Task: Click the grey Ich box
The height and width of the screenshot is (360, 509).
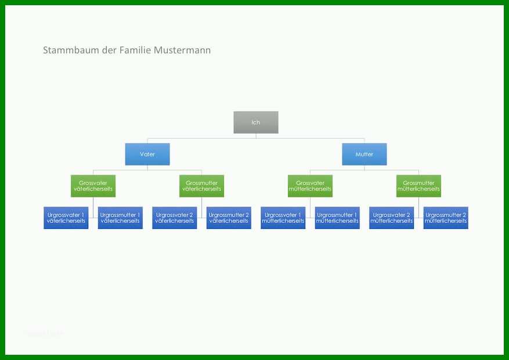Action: point(256,123)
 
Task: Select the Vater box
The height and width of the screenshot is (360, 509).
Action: point(147,154)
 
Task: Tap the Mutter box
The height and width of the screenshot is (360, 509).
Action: point(364,154)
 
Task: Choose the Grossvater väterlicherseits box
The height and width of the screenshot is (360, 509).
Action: point(93,186)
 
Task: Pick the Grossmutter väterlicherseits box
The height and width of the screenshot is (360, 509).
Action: point(201,186)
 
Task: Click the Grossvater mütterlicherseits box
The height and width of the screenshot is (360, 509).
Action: point(310,186)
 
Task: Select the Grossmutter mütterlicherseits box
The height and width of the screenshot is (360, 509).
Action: point(418,186)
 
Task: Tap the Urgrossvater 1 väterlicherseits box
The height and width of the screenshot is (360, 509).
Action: point(66,218)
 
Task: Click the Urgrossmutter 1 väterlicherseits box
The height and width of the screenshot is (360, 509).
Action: point(120,218)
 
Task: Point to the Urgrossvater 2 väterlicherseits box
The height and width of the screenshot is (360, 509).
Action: point(174,218)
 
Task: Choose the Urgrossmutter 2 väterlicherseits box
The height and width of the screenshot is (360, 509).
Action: point(229,218)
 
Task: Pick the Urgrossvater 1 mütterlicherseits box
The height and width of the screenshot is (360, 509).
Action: point(283,218)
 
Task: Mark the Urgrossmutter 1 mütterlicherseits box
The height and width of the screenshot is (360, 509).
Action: point(337,218)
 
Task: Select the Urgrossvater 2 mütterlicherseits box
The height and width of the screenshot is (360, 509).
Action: point(391,218)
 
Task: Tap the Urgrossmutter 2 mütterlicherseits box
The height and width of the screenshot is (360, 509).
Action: point(446,218)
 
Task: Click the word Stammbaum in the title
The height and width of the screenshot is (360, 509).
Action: point(71,51)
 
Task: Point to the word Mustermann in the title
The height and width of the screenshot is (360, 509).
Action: point(182,51)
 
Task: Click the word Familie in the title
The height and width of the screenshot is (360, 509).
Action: point(135,51)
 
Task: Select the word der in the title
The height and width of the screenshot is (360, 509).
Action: point(109,51)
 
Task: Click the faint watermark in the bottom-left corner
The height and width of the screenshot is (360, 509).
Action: point(44,333)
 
